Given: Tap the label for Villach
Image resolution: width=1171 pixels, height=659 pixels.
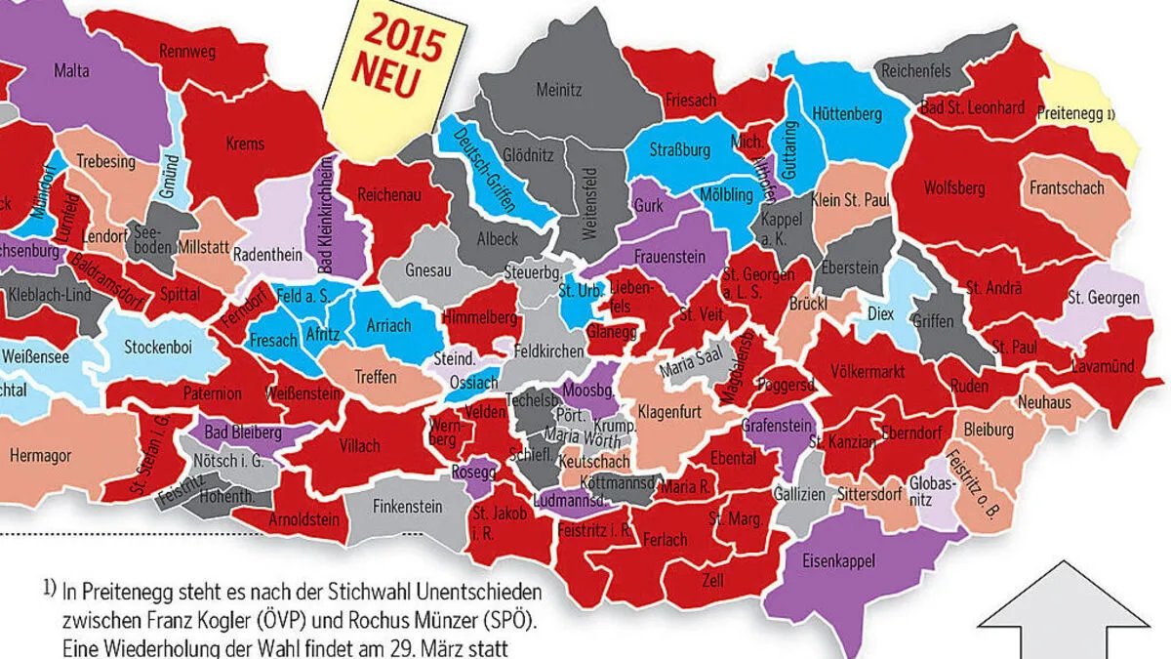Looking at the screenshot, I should tap(359, 446).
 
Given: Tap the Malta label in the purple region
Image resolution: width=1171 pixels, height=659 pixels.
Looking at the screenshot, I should tap(71, 69).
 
